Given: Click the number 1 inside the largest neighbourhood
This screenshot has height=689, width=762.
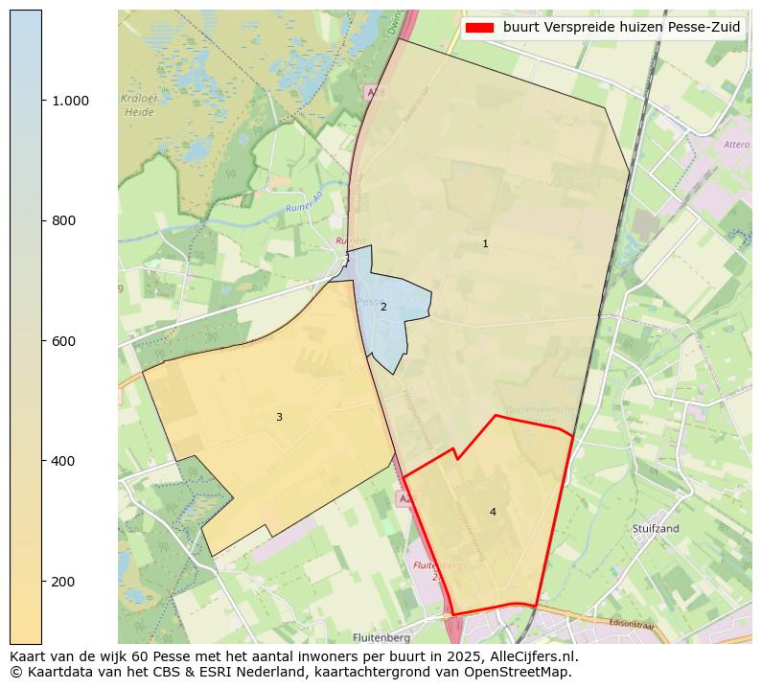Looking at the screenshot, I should point(485,244).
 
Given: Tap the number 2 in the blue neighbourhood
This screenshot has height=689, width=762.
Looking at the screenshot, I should point(383,308).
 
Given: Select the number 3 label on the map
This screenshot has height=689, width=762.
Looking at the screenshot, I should point(279,418).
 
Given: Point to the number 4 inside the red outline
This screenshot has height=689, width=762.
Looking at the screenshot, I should point(493,513).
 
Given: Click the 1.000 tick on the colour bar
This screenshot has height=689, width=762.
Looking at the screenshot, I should point(69,101).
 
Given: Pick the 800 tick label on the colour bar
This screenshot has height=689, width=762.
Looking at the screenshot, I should point(62,220).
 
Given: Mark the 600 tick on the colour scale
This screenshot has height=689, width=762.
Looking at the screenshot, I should point(62,341).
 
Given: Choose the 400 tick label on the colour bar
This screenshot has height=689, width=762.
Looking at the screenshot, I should point(62,461).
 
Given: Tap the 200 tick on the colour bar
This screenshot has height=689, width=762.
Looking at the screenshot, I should point(62,582).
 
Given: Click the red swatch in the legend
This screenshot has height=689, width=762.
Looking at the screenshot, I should point(479,28).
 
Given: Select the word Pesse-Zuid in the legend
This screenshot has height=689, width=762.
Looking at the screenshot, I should point(704,28).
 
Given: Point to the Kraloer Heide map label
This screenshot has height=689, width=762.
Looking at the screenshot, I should point(139,105).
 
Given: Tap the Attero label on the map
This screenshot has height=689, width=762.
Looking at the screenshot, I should point(736,145).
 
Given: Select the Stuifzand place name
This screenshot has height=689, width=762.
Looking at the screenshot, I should point(656,528).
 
